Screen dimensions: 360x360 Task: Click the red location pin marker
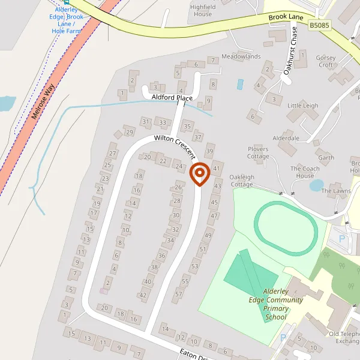[199, 174]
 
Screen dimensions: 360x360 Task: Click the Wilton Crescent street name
[175, 146]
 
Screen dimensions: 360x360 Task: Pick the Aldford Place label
[172, 97]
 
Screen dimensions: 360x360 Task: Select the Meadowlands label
[241, 56]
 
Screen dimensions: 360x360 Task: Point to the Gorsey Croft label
[326, 61]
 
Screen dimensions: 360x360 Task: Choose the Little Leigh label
[303, 106]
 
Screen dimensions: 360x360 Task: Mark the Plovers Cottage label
[258, 152]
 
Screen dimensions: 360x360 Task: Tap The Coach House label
[305, 172]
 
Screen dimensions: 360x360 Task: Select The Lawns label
[336, 191]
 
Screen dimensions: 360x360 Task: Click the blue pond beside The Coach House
[316, 185]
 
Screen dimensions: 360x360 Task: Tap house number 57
[178, 295]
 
